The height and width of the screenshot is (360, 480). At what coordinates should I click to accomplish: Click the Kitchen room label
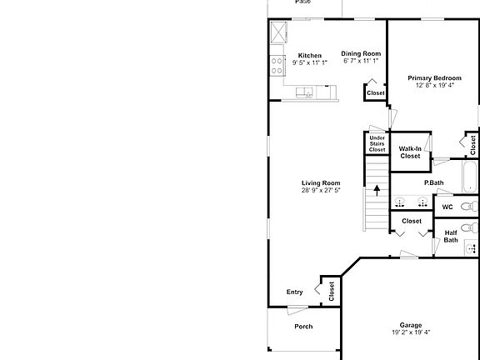coord(309,56)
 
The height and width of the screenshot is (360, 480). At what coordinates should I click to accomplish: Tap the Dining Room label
coord(361,53)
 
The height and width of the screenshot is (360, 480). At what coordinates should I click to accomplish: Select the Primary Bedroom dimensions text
coord(434,84)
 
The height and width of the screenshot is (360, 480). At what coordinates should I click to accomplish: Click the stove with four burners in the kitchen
coord(276,65)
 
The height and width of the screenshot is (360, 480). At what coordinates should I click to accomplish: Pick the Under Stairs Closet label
coord(377,143)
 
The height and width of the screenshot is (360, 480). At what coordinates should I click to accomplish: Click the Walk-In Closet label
coord(410,152)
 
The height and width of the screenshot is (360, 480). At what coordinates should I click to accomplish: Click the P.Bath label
coord(433,182)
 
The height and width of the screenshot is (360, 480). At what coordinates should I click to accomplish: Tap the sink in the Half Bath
coord(472,247)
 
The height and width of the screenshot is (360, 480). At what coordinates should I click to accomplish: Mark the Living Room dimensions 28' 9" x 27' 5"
coord(321,190)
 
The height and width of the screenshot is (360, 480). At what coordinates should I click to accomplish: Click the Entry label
coord(294,292)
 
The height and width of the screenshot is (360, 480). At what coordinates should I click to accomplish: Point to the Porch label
coord(303,326)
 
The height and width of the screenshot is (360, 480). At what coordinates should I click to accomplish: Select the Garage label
coord(410,325)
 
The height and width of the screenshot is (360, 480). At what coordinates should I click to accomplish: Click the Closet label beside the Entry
coord(331,291)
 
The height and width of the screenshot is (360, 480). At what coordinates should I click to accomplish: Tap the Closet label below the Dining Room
coord(375,92)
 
